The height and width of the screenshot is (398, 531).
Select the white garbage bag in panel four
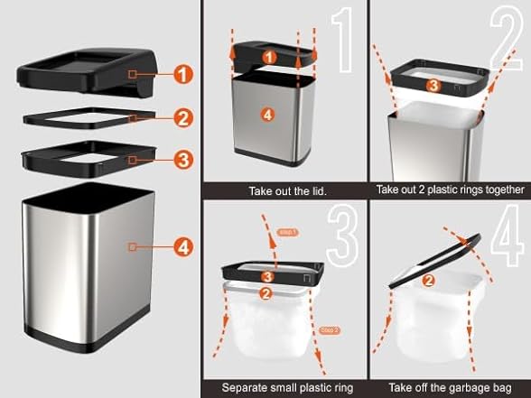click(424, 320)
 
